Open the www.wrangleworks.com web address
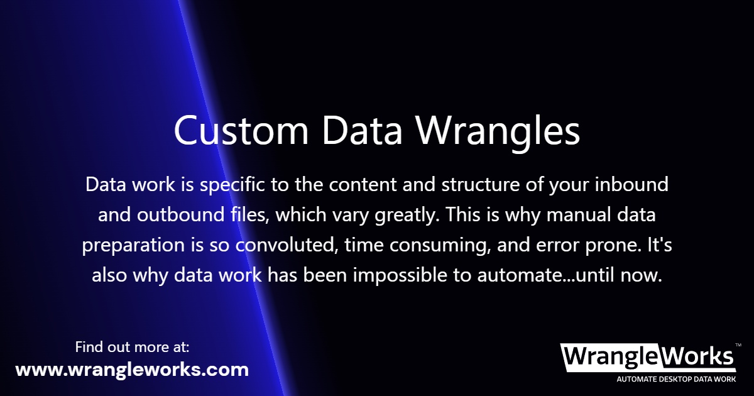(x=132, y=370)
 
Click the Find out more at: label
(x=132, y=346)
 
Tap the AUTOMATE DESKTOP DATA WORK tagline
(x=676, y=380)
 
